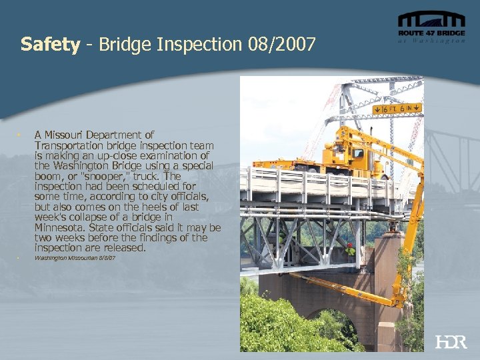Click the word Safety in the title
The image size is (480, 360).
point(50,45)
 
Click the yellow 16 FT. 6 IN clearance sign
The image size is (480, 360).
point(397,108)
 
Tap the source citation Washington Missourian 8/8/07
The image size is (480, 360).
point(75,257)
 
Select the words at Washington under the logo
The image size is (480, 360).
point(431,40)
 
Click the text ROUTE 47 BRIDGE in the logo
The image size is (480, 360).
point(431,33)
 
